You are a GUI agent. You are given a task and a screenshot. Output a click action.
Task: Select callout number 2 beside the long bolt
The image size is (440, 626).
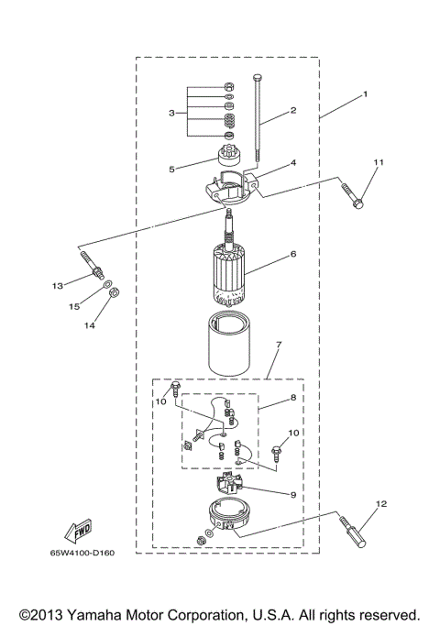click(x=293, y=111)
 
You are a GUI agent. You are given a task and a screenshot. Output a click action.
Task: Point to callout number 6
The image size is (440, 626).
click(x=293, y=254)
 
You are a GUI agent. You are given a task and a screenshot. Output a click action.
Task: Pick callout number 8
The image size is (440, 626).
click(x=293, y=399)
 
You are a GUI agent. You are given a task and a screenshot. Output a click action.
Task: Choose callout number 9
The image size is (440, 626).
click(x=293, y=495)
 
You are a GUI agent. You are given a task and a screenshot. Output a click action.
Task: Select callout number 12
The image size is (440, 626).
click(x=381, y=503)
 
